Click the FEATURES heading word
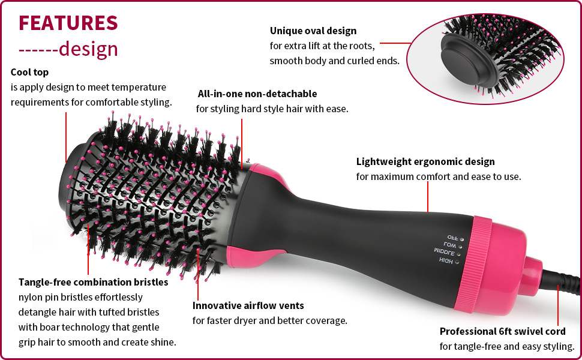pos(68,22)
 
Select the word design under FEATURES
pos(88,49)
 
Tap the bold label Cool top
pos(30,72)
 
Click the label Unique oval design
pos(313,31)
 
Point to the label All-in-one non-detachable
pos(257,94)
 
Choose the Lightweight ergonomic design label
pos(425,161)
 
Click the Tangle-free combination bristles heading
pos(93,281)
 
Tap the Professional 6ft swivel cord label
pos(502,331)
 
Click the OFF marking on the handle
pos(452,238)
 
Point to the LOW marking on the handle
pos(450,245)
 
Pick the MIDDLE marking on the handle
pos(445,252)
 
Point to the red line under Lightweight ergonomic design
pos(427,197)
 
